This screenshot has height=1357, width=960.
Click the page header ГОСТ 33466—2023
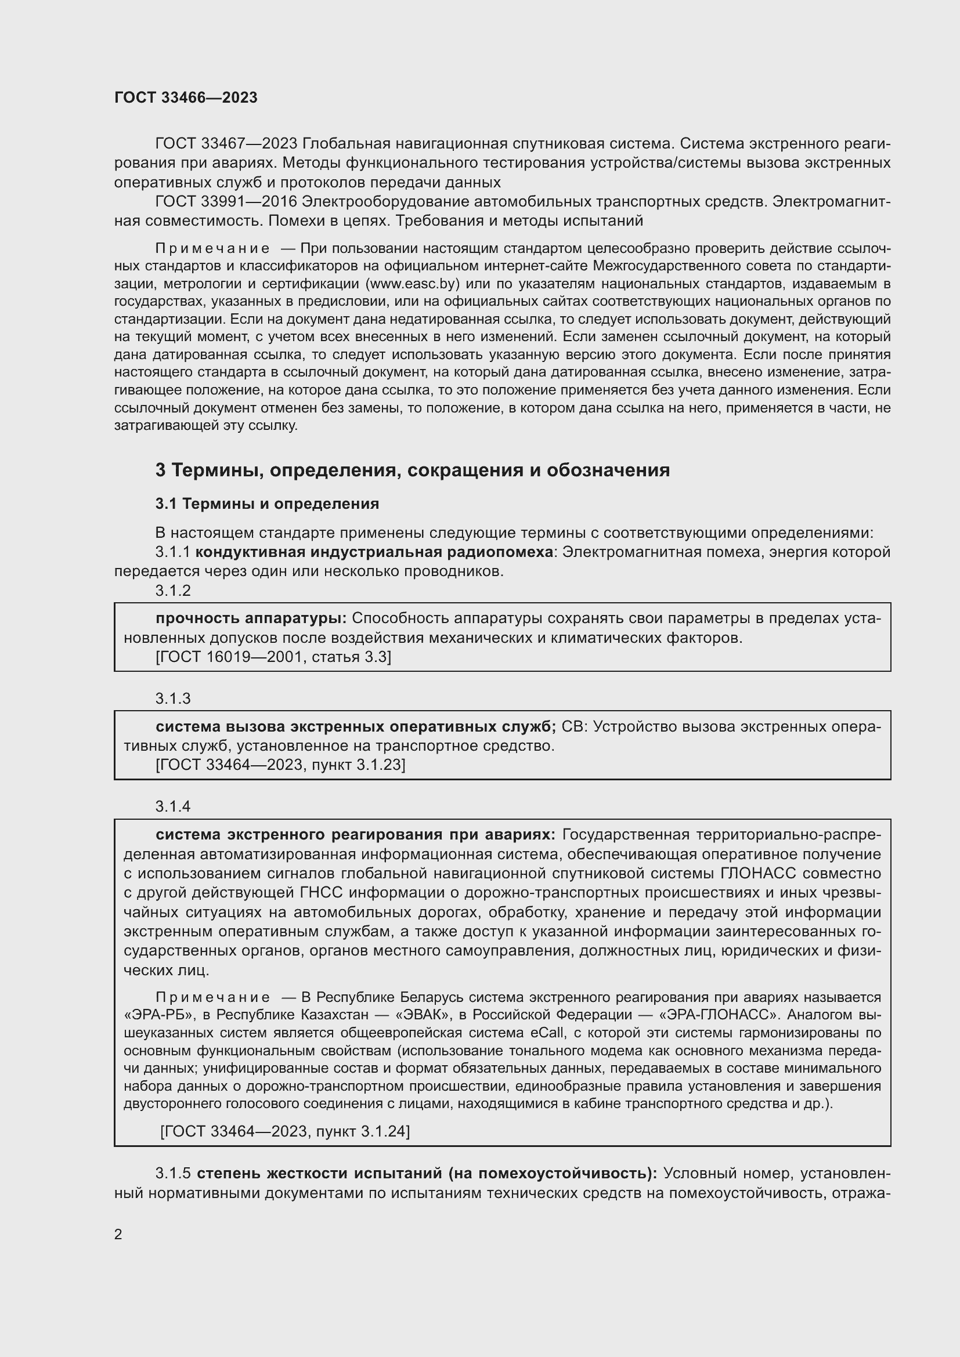pyautogui.click(x=186, y=97)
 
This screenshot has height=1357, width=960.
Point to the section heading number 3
pyautogui.click(x=160, y=471)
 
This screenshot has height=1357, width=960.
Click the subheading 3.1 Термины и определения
pyautogui.click(x=266, y=504)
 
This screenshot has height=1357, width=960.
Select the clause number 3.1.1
pyautogui.click(x=172, y=552)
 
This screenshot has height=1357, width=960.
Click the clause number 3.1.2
pyautogui.click(x=172, y=591)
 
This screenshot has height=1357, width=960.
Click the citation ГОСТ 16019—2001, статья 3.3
pyautogui.click(x=273, y=657)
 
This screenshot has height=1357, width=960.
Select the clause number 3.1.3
pyautogui.click(x=172, y=699)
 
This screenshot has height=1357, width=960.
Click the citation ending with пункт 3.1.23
pyautogui.click(x=280, y=765)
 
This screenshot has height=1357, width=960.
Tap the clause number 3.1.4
pyautogui.click(x=172, y=806)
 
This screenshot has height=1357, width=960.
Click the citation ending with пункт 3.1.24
pyautogui.click(x=285, y=1131)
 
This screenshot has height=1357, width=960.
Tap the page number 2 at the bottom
pyautogui.click(x=118, y=1235)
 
